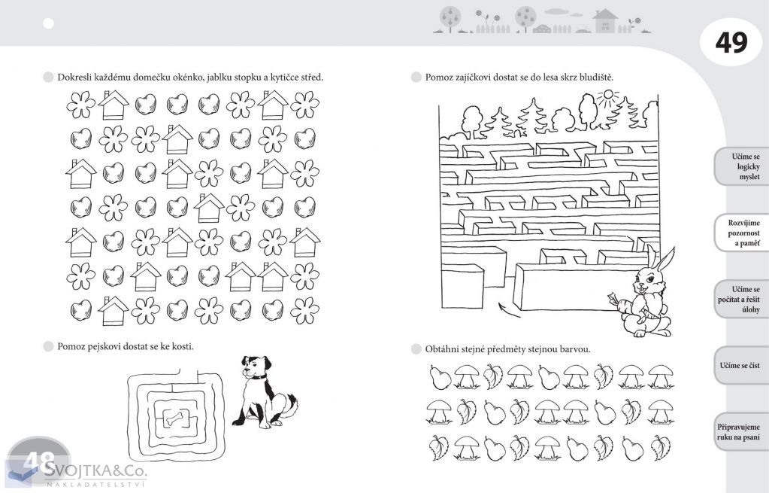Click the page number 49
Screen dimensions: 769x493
coord(731,42)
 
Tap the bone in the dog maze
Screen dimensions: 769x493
coord(176,418)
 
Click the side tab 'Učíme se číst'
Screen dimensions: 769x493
coord(740,365)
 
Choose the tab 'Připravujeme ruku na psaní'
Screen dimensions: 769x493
coord(739,432)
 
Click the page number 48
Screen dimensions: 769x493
coord(38,461)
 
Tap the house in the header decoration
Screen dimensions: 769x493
coord(604,20)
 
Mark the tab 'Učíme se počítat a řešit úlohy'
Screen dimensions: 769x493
coord(739,300)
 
